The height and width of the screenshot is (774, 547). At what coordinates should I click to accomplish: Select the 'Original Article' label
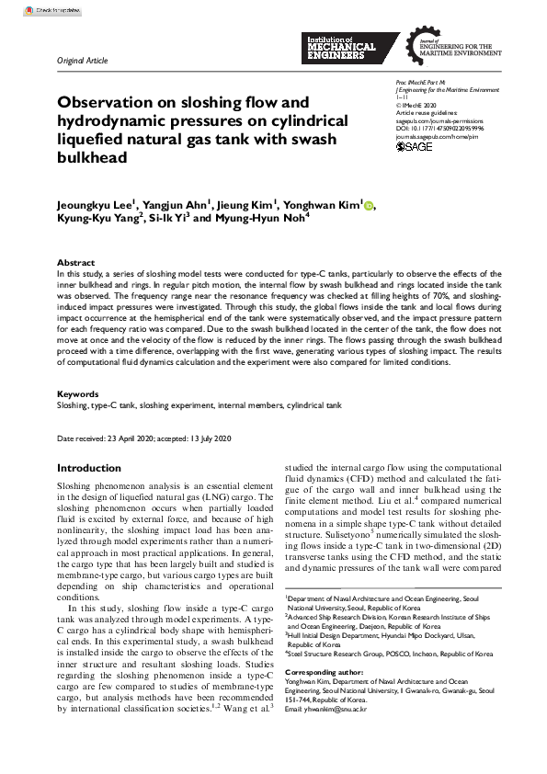coord(82,61)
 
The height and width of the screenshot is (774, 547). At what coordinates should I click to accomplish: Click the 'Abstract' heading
coord(75,262)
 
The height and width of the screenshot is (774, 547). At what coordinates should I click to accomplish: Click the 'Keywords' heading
coord(77,393)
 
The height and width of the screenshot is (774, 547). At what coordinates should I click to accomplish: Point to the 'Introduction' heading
coord(89,468)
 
